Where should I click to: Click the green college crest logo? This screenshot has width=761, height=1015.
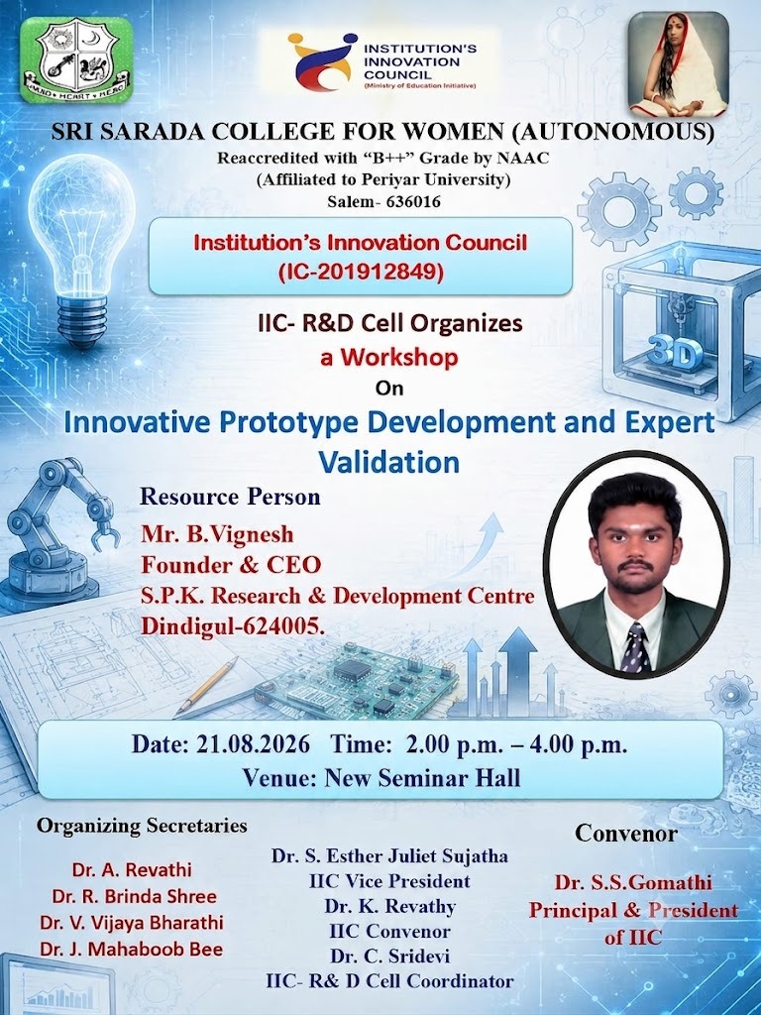(x=76, y=59)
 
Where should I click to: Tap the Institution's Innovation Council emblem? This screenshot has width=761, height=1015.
(x=322, y=60)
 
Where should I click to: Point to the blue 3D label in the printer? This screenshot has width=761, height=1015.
(x=675, y=354)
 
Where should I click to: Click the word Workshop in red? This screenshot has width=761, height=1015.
(x=399, y=357)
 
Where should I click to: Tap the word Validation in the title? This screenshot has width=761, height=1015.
(x=388, y=462)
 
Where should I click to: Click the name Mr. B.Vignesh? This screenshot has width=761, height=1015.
(x=217, y=534)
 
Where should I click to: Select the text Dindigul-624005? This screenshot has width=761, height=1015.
(x=233, y=626)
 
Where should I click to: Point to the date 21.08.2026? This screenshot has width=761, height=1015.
(x=253, y=744)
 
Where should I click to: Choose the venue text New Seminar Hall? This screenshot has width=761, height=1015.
(x=422, y=777)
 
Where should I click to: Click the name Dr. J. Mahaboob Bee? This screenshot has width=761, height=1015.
(x=132, y=949)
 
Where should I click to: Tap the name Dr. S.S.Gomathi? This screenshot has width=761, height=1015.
(x=633, y=882)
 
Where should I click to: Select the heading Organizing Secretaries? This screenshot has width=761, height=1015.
(x=142, y=826)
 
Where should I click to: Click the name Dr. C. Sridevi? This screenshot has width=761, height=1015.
(x=389, y=957)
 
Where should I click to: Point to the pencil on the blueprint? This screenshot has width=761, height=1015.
(x=206, y=686)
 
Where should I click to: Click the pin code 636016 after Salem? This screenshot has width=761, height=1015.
(x=413, y=201)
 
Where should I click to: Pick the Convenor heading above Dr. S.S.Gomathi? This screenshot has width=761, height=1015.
(x=626, y=833)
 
